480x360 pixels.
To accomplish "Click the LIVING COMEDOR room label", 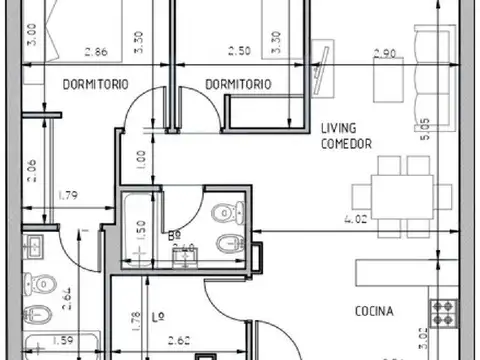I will pos(346,136).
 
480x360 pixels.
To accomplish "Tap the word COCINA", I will pos(373,311).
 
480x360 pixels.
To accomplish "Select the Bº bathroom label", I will pos(174,237).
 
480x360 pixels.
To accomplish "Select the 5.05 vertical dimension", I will pos(427,130).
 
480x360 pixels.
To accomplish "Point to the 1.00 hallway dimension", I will pos(141,158).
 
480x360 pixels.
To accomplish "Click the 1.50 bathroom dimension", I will pos(141,226).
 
